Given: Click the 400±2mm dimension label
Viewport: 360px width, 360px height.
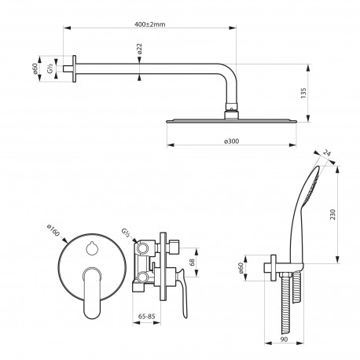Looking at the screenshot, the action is pyautogui.click(x=150, y=24).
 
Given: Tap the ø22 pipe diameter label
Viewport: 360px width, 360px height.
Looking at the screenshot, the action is pyautogui.click(x=139, y=49).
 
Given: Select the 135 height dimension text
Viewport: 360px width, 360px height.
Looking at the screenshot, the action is pyautogui.click(x=303, y=94).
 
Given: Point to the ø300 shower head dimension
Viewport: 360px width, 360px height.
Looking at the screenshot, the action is pyautogui.click(x=232, y=141).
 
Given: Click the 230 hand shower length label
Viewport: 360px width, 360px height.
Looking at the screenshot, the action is pyautogui.click(x=332, y=215).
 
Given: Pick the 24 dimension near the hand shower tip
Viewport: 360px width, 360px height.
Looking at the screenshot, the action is pyautogui.click(x=326, y=152).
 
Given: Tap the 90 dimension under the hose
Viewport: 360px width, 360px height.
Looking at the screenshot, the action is pyautogui.click(x=284, y=340).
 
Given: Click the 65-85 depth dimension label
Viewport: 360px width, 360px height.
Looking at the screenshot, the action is pyautogui.click(x=147, y=317).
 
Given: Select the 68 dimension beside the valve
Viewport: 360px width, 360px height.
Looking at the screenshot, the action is pyautogui.click(x=192, y=263).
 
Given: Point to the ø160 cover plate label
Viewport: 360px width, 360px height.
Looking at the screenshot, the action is pyautogui.click(x=53, y=230).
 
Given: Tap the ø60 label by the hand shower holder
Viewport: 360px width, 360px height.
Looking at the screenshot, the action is pyautogui.click(x=241, y=268).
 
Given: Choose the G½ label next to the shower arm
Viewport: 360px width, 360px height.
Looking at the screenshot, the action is pyautogui.click(x=50, y=68).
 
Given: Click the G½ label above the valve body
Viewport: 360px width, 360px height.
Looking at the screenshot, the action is pyautogui.click(x=126, y=233).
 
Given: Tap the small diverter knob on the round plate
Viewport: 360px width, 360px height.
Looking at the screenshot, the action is pyautogui.click(x=92, y=247).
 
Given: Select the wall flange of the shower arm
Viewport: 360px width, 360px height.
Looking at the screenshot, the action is pyautogui.click(x=75, y=68).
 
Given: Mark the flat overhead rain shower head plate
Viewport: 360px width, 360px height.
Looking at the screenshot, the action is pyautogui.click(x=232, y=121).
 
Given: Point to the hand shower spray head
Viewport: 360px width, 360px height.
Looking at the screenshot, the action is pyautogui.click(x=312, y=186).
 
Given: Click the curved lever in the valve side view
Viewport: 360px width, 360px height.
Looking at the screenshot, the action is pyautogui.click(x=183, y=293).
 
